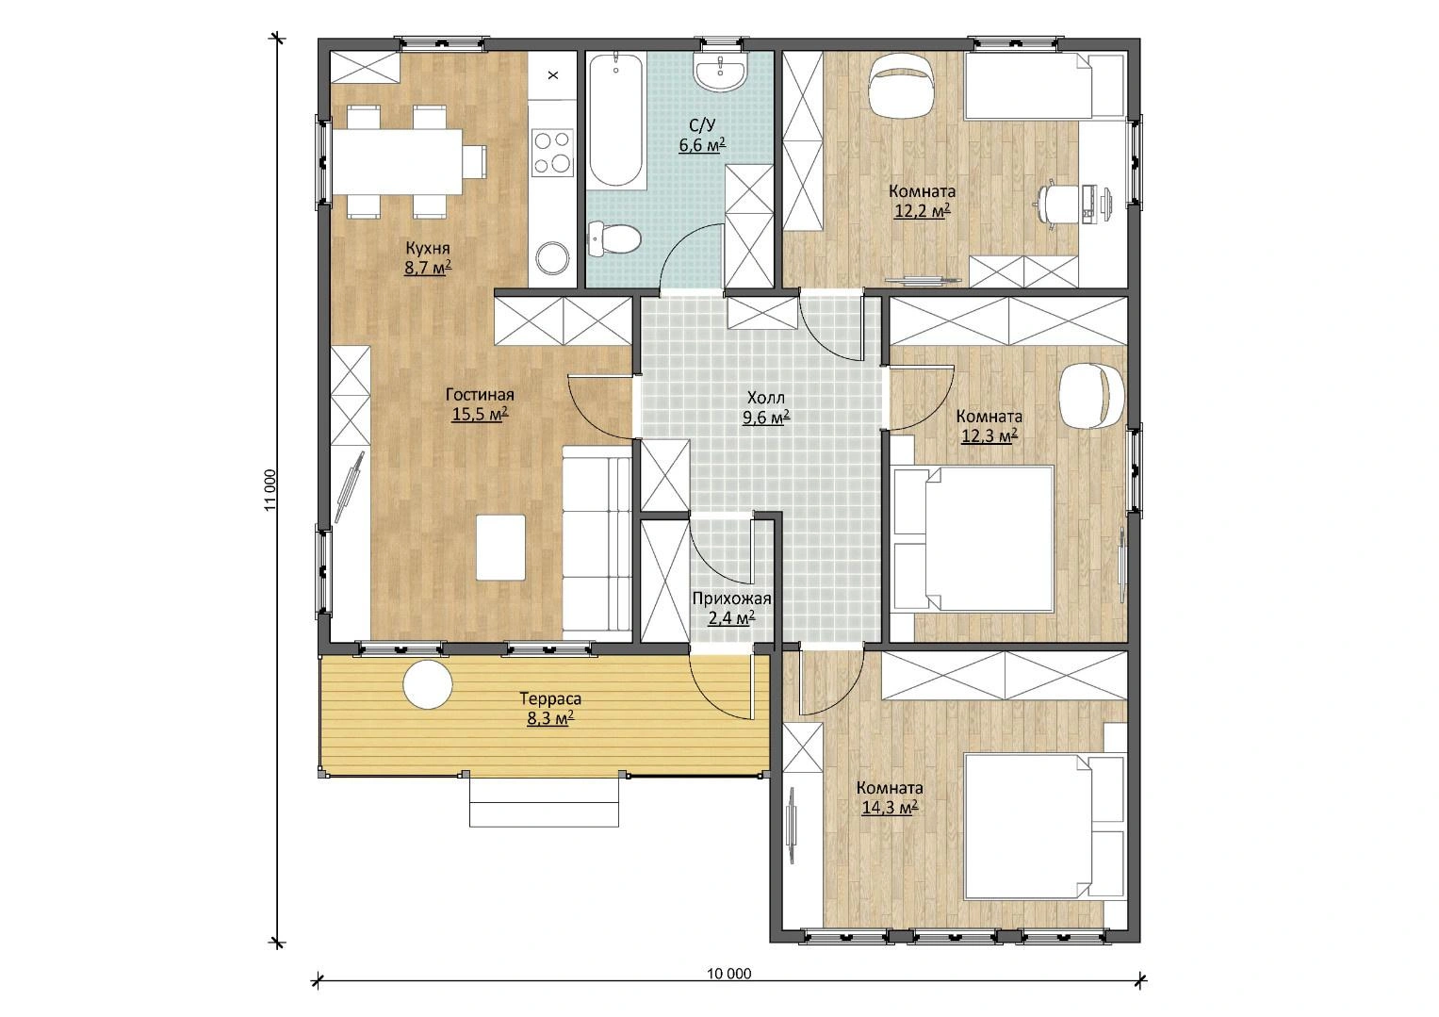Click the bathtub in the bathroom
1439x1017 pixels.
pos(616,121)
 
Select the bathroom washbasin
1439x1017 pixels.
pos(720,72)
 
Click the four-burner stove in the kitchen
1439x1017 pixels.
pos(552,153)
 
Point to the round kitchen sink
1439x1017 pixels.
pos(552,258)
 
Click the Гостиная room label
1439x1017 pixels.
pos(480,395)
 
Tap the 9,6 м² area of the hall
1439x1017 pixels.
pos(766,418)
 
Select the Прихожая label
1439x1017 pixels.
pos(731,599)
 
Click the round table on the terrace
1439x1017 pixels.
pos(428,685)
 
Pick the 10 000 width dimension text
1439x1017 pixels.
pos(729,974)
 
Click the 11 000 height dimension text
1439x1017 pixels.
pos(270,491)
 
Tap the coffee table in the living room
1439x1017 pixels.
pos(500,548)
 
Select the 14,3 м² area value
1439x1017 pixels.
pos(890,808)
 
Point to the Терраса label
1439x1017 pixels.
pos(550,698)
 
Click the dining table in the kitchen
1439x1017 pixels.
pos(397,162)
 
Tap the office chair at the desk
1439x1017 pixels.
pos(1054,205)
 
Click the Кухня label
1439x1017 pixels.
pos(427,248)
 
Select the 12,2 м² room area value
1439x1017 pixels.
pos(922,211)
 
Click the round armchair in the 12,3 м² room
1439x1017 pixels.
pos(1093,395)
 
